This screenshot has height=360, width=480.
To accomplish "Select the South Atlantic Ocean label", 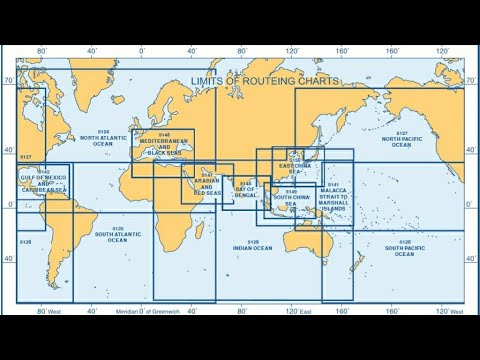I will pyautogui.click(x=117, y=237).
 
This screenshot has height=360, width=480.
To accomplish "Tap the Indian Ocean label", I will pyautogui.click(x=252, y=244).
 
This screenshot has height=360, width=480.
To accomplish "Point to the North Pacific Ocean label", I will pyautogui.click(x=401, y=141).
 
